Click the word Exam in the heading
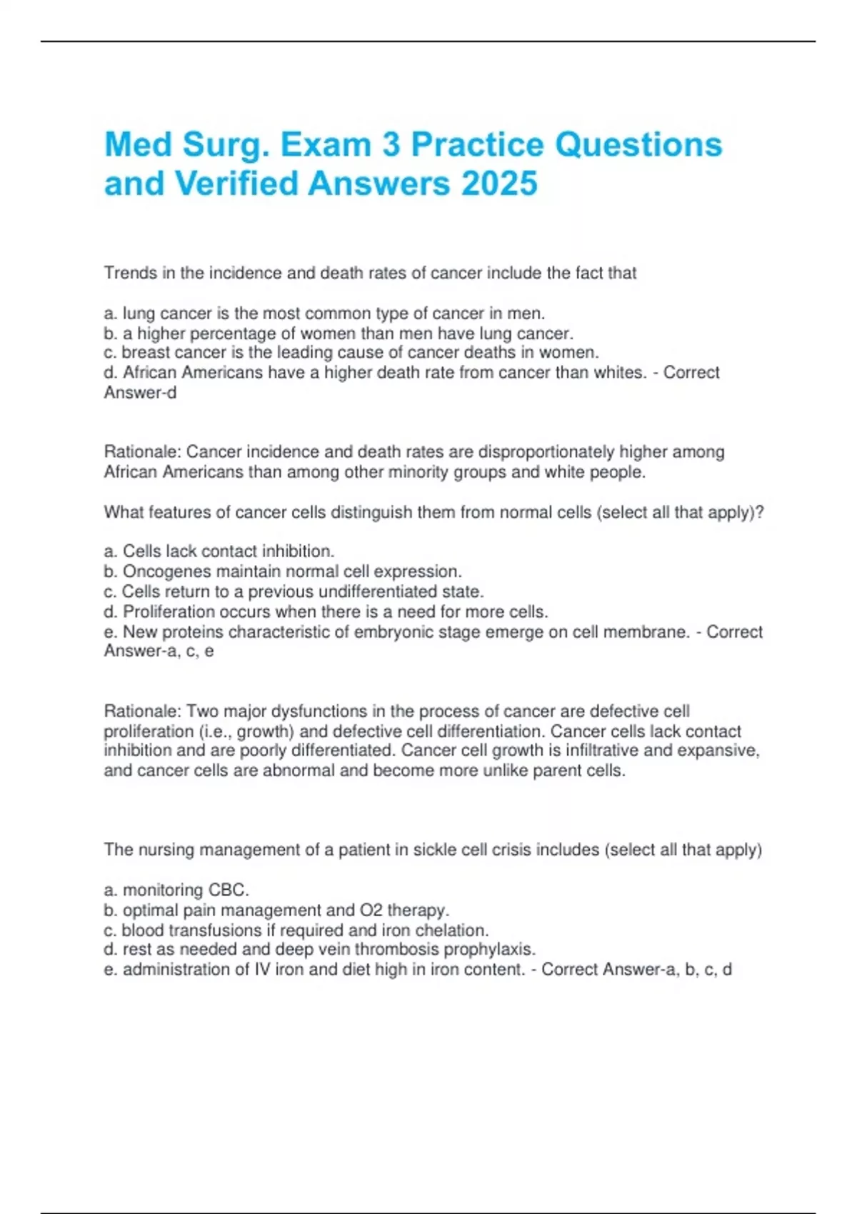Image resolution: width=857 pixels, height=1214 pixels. click(x=326, y=145)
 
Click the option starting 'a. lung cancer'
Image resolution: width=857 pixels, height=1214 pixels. click(x=324, y=313)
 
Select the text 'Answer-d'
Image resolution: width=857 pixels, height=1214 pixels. click(x=140, y=393)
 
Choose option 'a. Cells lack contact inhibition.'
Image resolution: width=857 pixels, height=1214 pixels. click(x=219, y=551)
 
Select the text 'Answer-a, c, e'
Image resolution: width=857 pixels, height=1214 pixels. click(x=159, y=651)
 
